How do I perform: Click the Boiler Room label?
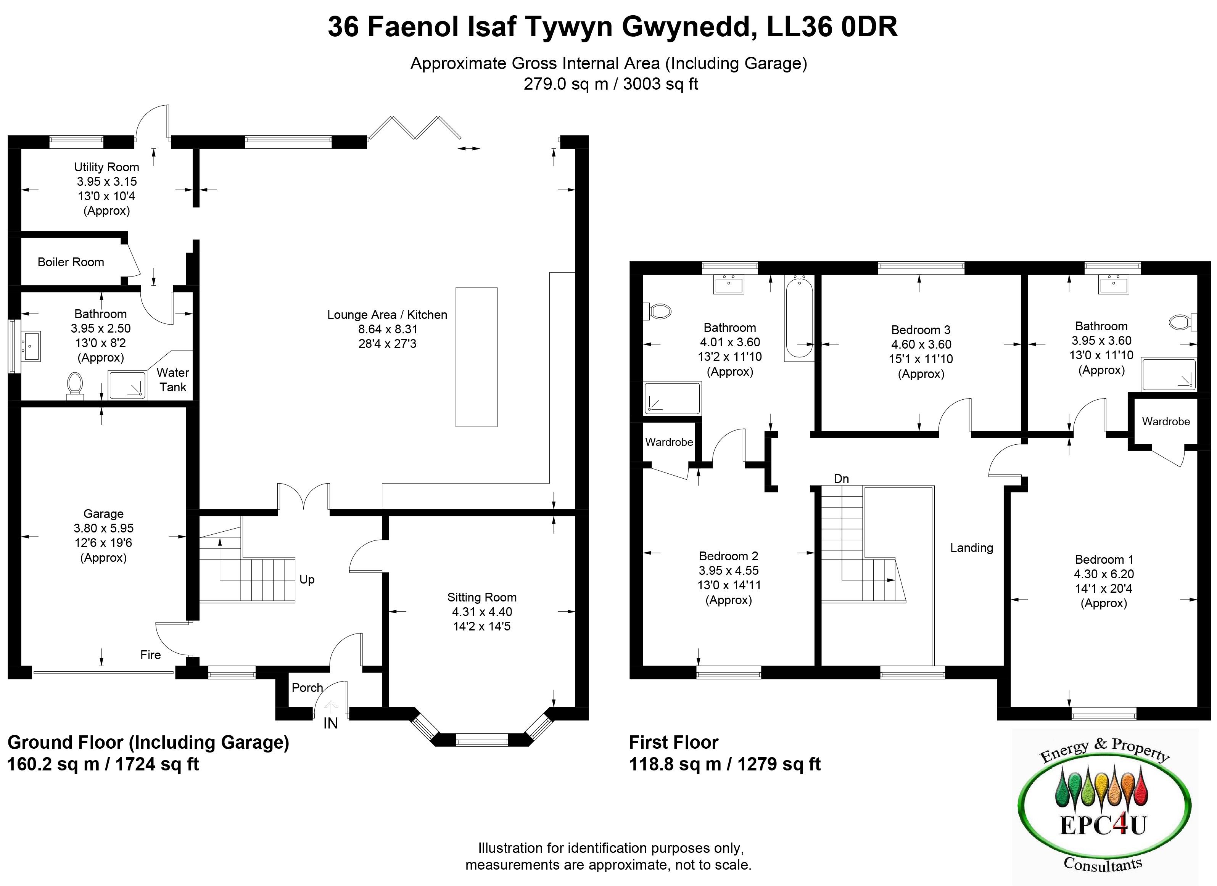tap(71, 262)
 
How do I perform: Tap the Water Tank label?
tap(173, 380)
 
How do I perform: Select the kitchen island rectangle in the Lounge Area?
tap(476, 357)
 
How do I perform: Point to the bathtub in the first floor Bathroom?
tap(798, 317)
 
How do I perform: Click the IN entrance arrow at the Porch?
tap(331, 706)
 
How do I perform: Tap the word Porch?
tap(307, 688)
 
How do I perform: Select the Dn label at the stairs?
tap(841, 478)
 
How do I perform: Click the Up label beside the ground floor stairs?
tap(307, 580)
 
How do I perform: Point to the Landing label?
tap(972, 548)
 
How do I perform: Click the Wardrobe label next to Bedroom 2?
tap(669, 442)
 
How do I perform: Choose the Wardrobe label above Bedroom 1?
tap(1166, 421)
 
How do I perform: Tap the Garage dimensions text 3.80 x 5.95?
tap(103, 528)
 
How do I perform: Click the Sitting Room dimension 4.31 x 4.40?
tap(482, 612)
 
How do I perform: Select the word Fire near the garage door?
tap(151, 655)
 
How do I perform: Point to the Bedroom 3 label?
tap(921, 330)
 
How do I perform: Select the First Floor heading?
tap(673, 742)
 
